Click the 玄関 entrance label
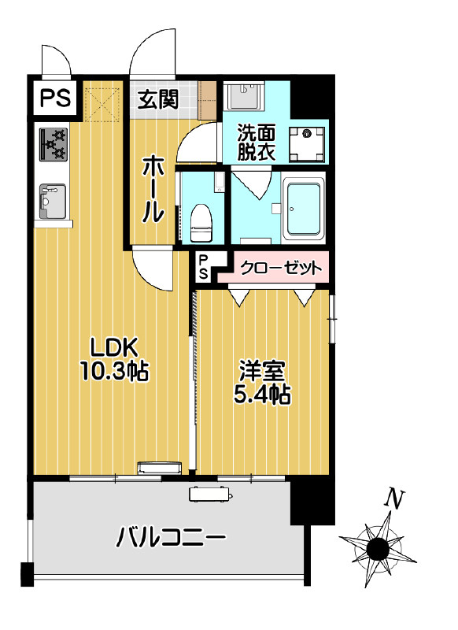tap(158, 99)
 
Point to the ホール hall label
tap(152, 190)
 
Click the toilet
tap(201, 221)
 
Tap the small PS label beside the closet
tap(203, 266)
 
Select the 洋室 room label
tap(262, 370)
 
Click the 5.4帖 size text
tap(262, 395)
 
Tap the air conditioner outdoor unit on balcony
tap(211, 495)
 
